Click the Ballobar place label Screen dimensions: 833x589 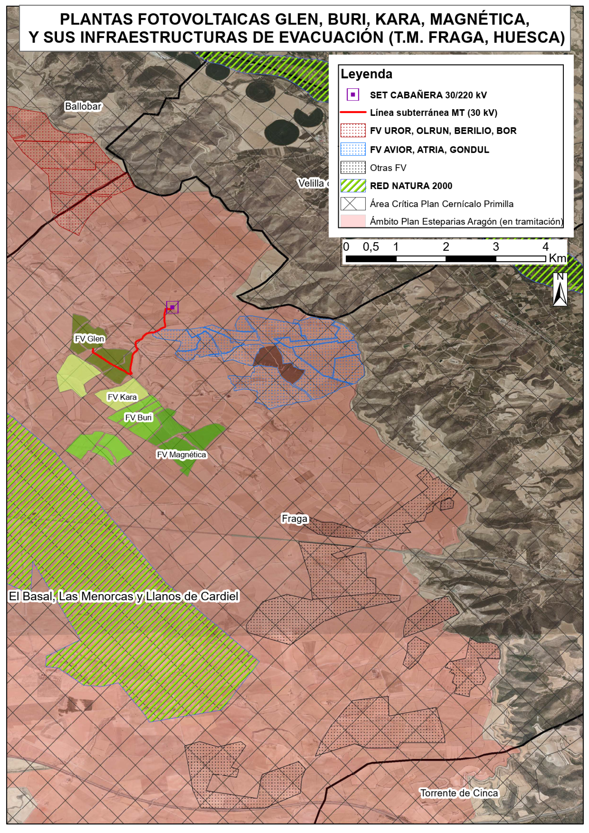(x=83, y=106)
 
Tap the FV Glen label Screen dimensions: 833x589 (x=89, y=338)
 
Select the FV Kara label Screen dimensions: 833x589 (x=122, y=397)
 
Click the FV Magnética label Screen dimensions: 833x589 (x=181, y=454)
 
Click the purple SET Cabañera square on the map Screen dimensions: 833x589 (x=172, y=307)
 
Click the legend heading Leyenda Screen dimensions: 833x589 (x=366, y=74)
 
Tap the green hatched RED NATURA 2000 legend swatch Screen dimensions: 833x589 (x=353, y=186)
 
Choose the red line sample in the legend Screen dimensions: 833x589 (x=353, y=113)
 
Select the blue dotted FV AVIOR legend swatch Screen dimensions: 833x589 (x=353, y=149)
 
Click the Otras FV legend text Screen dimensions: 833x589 (x=388, y=168)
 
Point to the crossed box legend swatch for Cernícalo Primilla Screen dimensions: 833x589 (x=353, y=204)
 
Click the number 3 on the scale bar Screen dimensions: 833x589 (x=495, y=247)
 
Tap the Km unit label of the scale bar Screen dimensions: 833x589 (x=557, y=258)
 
